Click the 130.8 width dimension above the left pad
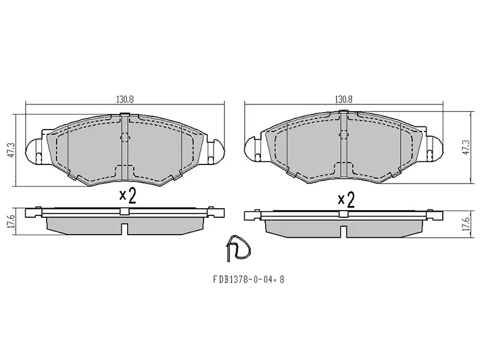click(x=125, y=100)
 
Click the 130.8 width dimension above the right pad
click(x=343, y=100)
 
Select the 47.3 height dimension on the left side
click(x=11, y=149)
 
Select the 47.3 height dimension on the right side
click(x=466, y=147)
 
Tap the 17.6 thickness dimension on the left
click(x=11, y=221)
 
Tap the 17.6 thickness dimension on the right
click(x=466, y=224)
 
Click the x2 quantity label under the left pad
click(x=128, y=196)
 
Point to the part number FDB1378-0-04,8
click(x=248, y=279)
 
